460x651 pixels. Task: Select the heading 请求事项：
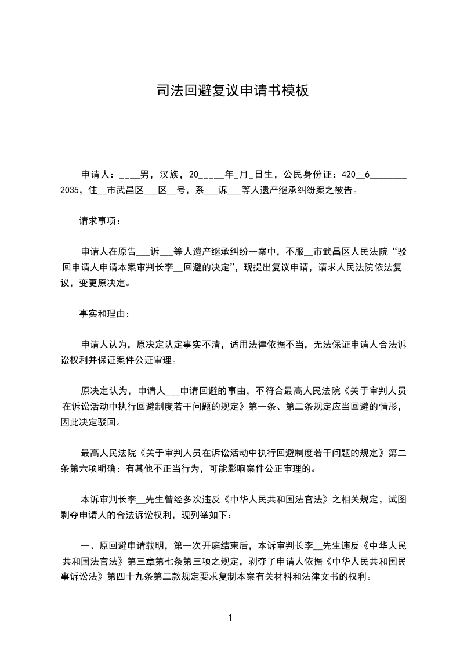tap(100, 220)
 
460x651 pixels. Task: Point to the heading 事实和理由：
tap(105, 314)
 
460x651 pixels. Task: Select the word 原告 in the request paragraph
tap(128, 252)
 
